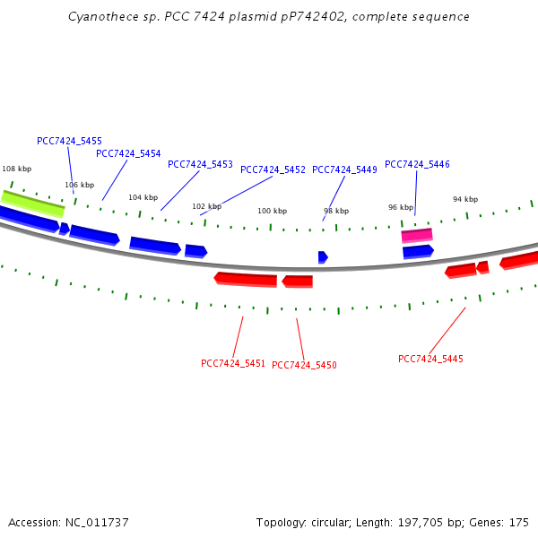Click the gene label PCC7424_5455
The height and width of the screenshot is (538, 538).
[x=69, y=142]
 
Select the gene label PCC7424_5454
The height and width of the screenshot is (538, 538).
[x=128, y=154]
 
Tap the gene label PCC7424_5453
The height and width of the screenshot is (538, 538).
[x=200, y=165]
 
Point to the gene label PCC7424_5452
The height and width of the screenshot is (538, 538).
[x=273, y=170]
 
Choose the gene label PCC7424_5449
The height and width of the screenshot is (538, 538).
[x=344, y=170]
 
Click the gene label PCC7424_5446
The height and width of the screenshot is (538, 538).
[x=417, y=165]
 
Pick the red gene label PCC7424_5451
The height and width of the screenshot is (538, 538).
[x=233, y=364]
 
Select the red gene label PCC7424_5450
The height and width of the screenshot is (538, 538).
[x=304, y=366]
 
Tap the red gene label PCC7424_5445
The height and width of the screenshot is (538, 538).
[x=430, y=360]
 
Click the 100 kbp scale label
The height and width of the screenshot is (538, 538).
[x=272, y=212]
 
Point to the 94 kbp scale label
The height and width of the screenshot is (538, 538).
[x=464, y=200]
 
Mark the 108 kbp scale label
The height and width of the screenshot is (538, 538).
[x=16, y=169]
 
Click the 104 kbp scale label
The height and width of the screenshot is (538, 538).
[x=143, y=198]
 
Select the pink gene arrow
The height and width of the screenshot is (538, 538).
[x=417, y=235]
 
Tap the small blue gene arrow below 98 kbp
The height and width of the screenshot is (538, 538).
[x=323, y=257]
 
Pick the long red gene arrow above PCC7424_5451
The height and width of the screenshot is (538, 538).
[x=246, y=279]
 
